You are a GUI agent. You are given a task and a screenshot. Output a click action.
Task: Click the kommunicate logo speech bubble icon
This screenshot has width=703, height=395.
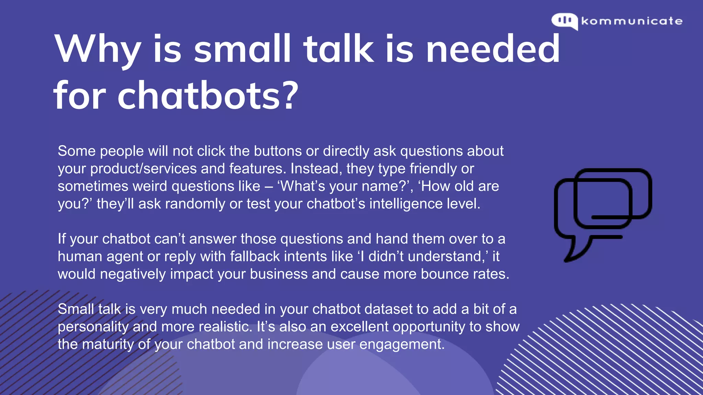pyautogui.click(x=564, y=21)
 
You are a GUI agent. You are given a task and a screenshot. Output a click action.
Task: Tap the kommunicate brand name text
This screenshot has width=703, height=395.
pyautogui.click(x=632, y=21)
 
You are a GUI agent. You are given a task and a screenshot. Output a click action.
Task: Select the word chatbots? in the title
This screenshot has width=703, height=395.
pyautogui.click(x=208, y=96)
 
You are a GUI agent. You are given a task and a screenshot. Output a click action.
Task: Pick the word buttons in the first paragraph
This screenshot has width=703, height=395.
pyautogui.click(x=278, y=151)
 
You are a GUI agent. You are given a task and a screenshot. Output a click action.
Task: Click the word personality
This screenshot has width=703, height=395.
pyautogui.click(x=93, y=327)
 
